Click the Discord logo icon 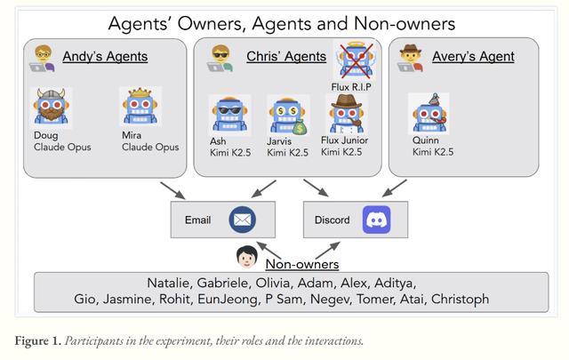pyautogui.click(x=376, y=219)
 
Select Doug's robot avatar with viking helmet pyautogui.click(x=53, y=108)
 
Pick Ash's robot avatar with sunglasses pyautogui.click(x=228, y=114)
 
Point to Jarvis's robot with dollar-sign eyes pyautogui.click(x=286, y=114)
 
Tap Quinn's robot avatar pyautogui.click(x=429, y=113)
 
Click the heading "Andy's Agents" pyautogui.click(x=105, y=57)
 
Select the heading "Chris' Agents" pyautogui.click(x=285, y=57)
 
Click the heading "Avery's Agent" pyautogui.click(x=473, y=57)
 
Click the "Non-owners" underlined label pyautogui.click(x=301, y=263)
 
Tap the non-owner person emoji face pyautogui.click(x=246, y=259)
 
